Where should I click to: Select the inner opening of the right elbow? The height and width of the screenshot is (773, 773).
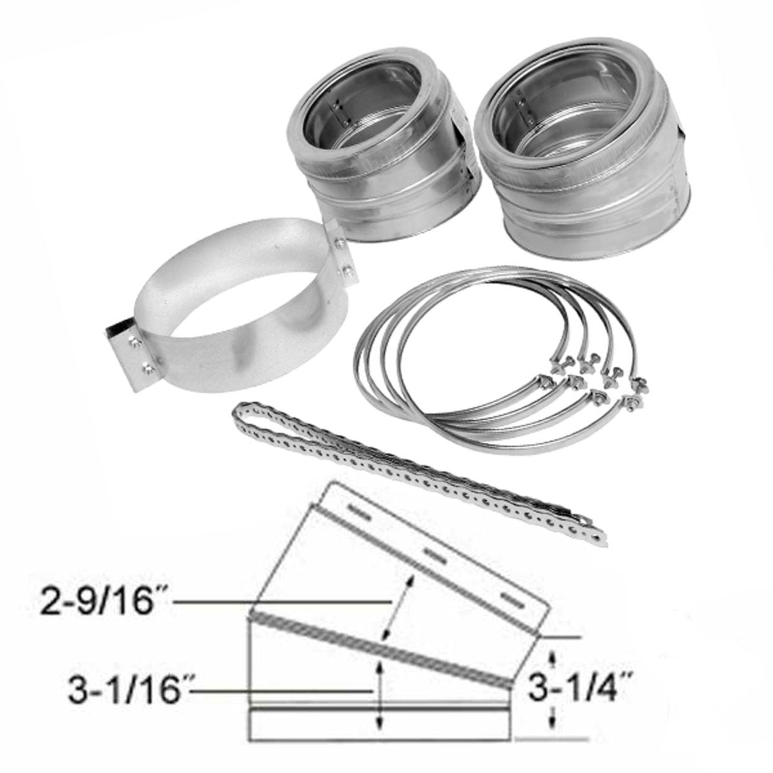point(537,106)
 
